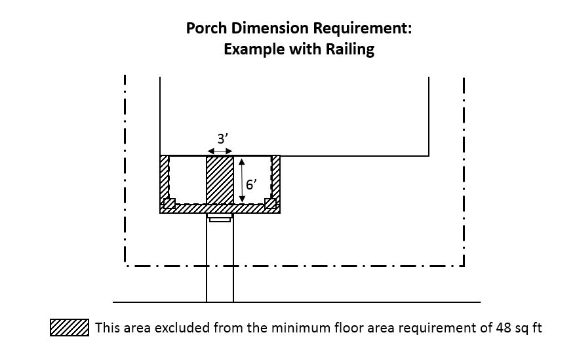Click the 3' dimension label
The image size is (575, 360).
222,139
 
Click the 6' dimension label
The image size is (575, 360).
250,184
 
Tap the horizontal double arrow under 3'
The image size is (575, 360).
220,151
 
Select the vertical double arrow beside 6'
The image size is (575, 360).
241,180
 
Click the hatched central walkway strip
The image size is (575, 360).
220,180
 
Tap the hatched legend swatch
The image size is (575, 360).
69,327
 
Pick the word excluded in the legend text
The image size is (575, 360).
190,327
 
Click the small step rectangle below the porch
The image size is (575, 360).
220,218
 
